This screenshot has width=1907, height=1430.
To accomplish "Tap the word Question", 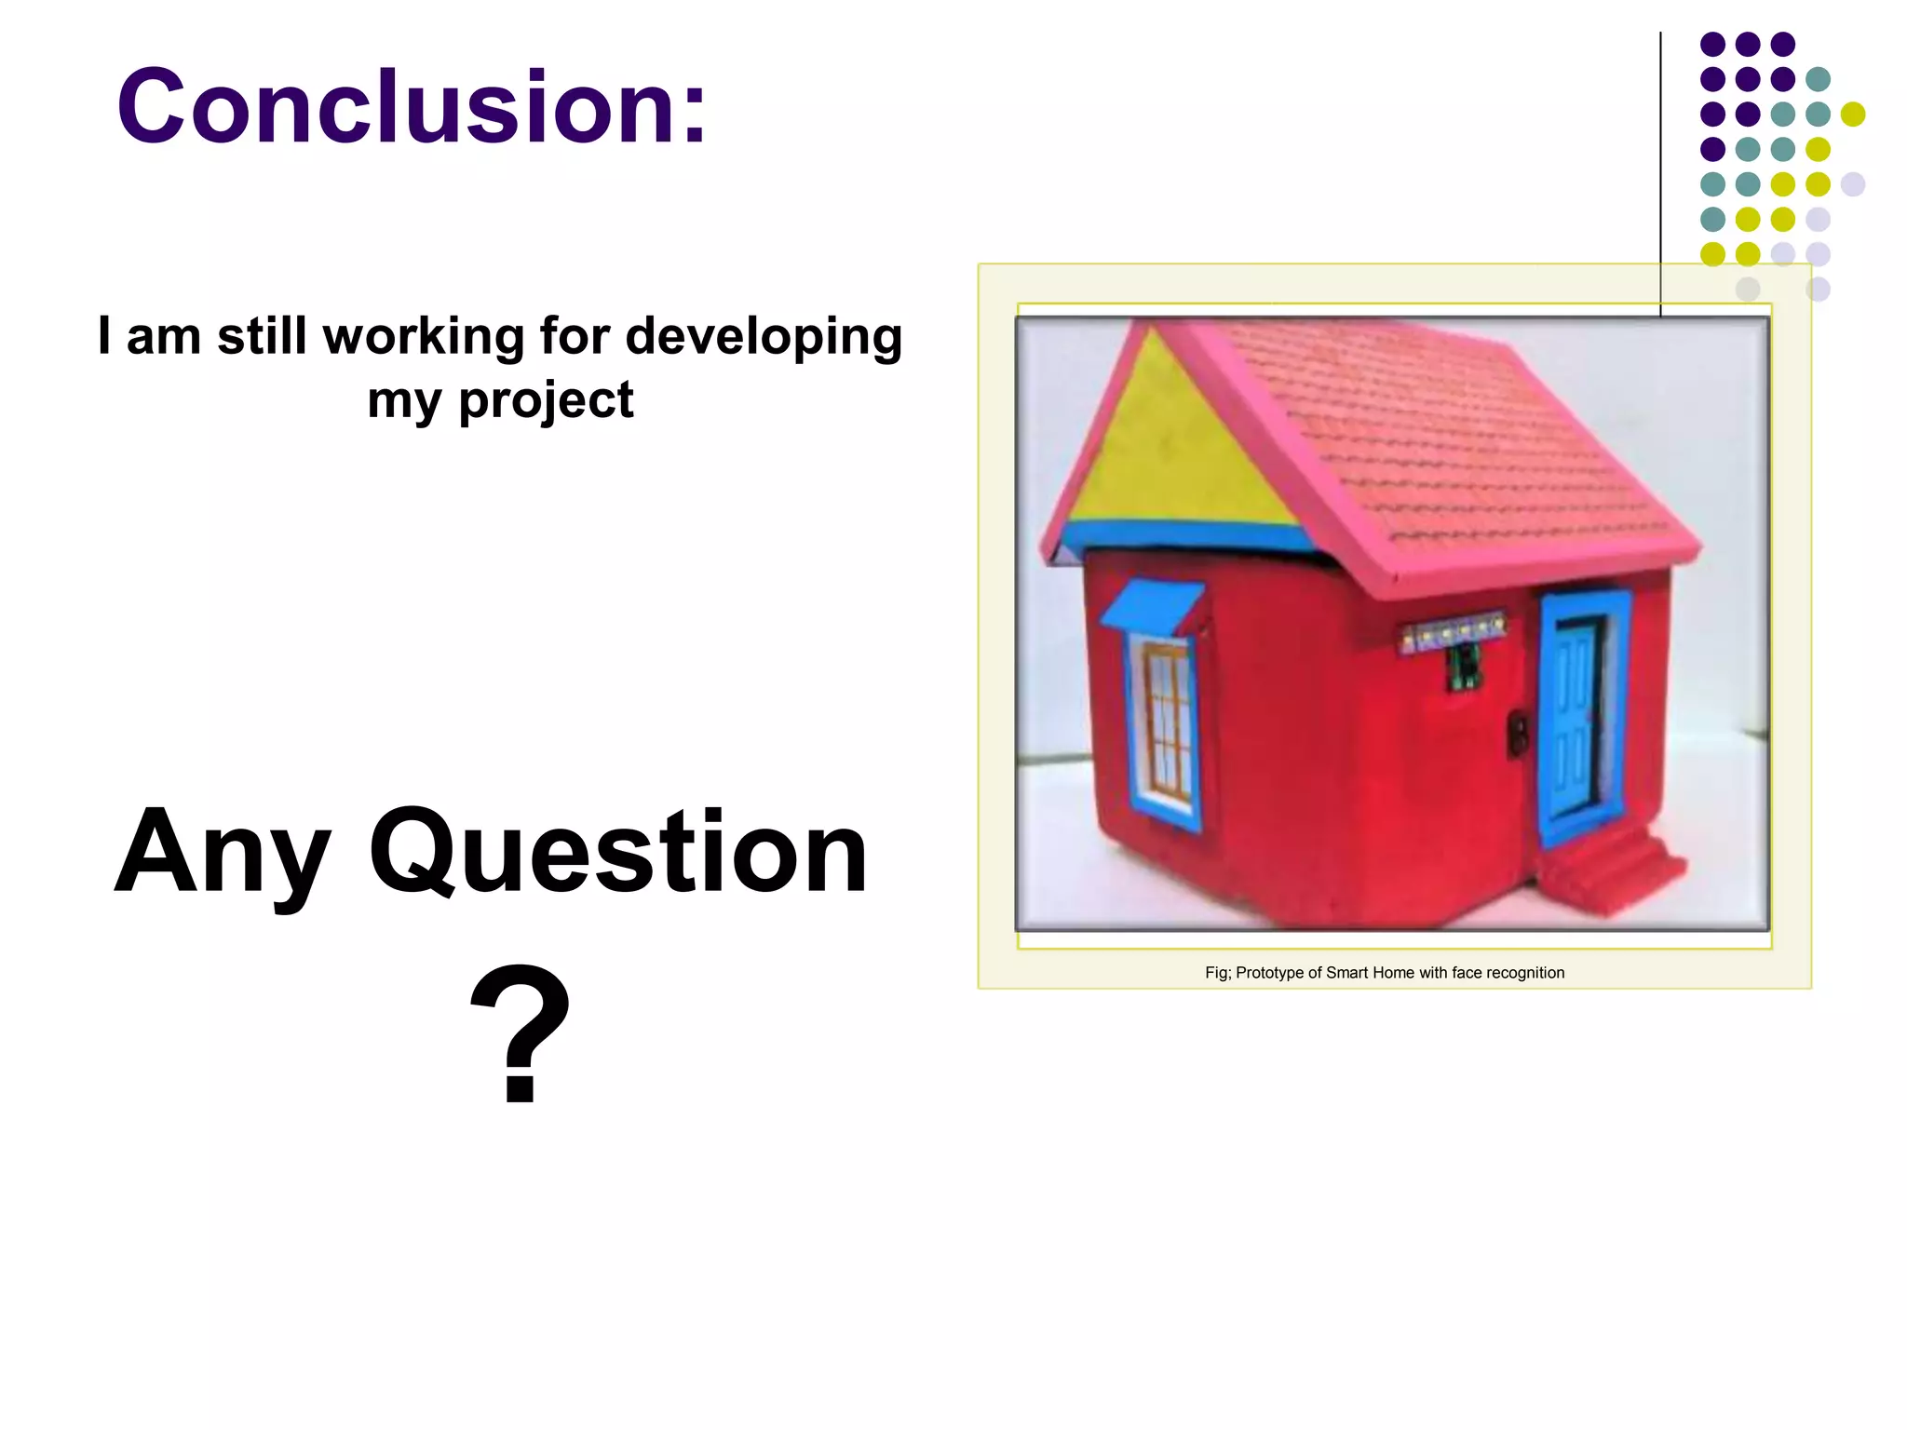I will pyautogui.click(x=618, y=852).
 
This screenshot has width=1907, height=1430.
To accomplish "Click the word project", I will pyautogui.click(x=546, y=400).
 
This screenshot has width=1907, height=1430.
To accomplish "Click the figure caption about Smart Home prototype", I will pyautogui.click(x=1384, y=973).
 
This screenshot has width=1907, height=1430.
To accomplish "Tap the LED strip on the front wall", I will pyautogui.click(x=1453, y=635).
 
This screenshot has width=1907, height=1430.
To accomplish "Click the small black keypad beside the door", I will pyautogui.click(x=1517, y=733).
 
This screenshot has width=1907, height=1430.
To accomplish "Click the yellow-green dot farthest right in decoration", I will pyautogui.click(x=1853, y=114).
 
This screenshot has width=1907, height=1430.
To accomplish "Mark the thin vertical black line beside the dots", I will pyautogui.click(x=1660, y=168).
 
